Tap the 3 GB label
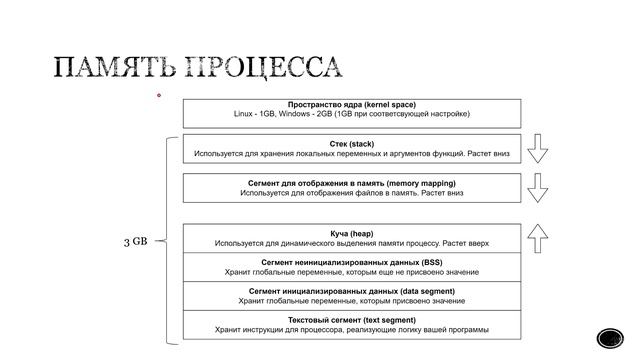[x=135, y=241]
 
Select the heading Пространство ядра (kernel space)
[x=352, y=105]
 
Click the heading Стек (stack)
[x=352, y=144]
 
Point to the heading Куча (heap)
[x=352, y=233]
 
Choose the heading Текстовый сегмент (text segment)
[x=352, y=319]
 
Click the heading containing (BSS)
[x=352, y=262]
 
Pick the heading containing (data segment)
[x=352, y=290]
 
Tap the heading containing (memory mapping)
[x=352, y=183]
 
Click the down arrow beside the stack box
[x=538, y=148]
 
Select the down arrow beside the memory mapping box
[x=538, y=187]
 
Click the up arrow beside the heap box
[x=538, y=237]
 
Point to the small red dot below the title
[x=158, y=96]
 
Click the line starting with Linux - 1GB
[x=352, y=115]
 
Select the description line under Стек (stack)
[x=352, y=154]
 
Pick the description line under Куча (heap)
[x=352, y=243]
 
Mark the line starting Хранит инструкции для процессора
[x=352, y=329]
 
